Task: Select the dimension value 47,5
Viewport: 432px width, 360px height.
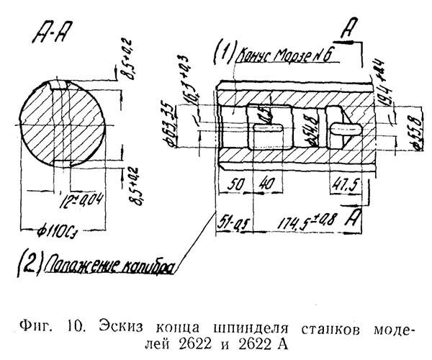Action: click(x=343, y=185)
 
